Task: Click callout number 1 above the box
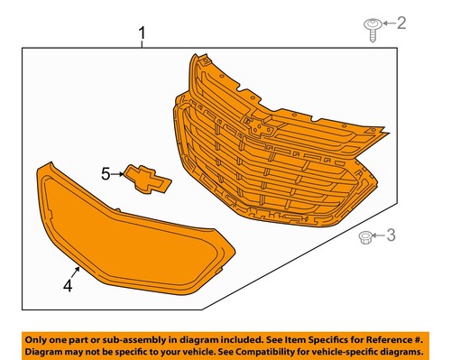click(x=142, y=36)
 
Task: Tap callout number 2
click(x=401, y=23)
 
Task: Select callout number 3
click(x=391, y=236)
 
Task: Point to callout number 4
click(x=67, y=287)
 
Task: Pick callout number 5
click(x=106, y=173)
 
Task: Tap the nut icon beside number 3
click(x=364, y=237)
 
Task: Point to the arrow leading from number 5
click(x=118, y=173)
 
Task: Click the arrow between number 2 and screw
click(x=387, y=23)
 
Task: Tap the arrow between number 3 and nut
click(x=379, y=236)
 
